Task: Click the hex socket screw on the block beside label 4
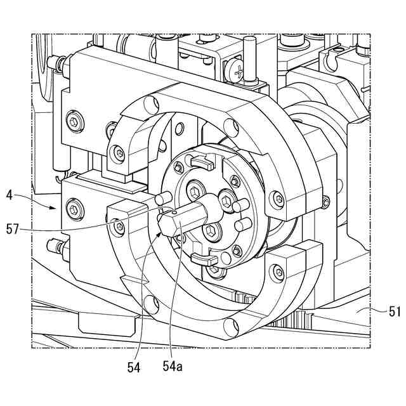pyautogui.click(x=75, y=207)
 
